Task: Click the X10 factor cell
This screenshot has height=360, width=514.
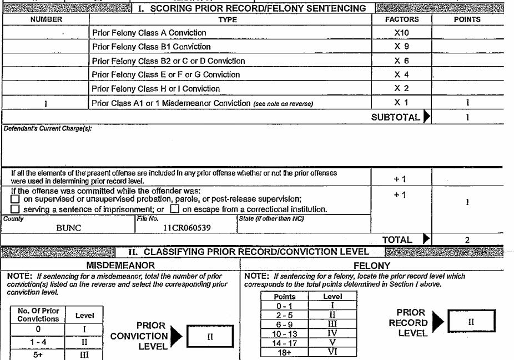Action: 401,33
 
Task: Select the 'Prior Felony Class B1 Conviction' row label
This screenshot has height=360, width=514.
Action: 152,47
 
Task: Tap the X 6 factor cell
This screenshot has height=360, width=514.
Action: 401,61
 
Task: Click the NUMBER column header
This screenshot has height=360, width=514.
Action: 46,19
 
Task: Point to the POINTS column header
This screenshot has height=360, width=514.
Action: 467,19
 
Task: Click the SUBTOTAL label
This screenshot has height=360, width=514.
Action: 395,117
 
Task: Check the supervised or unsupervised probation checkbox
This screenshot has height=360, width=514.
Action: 16,199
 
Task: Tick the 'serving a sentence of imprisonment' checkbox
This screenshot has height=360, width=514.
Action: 16,209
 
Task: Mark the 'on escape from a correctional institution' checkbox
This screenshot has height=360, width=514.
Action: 174,209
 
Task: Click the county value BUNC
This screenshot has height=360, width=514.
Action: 69,228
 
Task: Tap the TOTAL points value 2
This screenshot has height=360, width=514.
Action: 467,240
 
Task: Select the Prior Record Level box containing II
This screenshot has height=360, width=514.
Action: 471,322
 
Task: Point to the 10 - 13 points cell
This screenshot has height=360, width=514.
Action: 285,333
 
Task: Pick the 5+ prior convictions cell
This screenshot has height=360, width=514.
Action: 38,353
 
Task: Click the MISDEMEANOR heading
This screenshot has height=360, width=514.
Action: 120,266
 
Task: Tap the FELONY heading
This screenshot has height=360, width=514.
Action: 372,266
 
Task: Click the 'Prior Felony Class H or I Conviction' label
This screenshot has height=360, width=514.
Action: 156,88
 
